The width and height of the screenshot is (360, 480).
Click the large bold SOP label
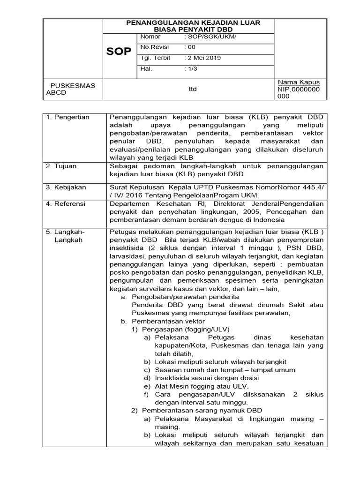[x=119, y=52]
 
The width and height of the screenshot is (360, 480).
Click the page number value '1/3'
[x=192, y=69]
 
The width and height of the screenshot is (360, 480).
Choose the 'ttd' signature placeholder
[x=192, y=89]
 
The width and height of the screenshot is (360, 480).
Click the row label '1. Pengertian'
[x=67, y=117]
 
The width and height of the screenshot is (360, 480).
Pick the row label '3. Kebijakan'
[x=66, y=187]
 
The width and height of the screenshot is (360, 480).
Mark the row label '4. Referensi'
[x=66, y=203]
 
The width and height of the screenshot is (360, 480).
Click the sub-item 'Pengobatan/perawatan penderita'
[x=186, y=297]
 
